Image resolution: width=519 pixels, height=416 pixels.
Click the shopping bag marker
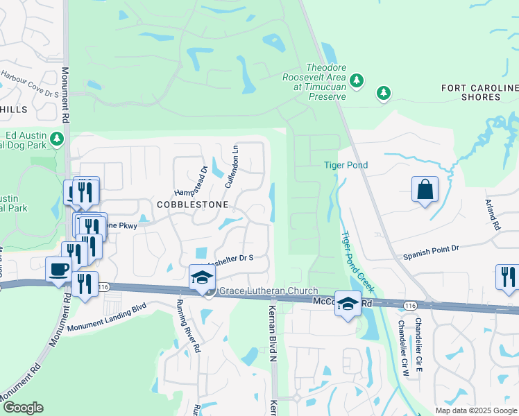point(425,189)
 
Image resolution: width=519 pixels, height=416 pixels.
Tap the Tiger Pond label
point(346,165)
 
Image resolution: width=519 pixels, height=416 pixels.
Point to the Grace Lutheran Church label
point(269,291)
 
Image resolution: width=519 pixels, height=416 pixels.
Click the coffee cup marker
point(58,269)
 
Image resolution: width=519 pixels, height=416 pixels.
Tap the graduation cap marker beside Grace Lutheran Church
point(202,277)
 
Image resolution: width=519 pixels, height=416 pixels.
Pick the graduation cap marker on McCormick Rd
point(348,303)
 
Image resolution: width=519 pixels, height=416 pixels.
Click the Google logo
point(22,408)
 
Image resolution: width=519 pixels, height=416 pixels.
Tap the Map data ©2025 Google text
point(475,410)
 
